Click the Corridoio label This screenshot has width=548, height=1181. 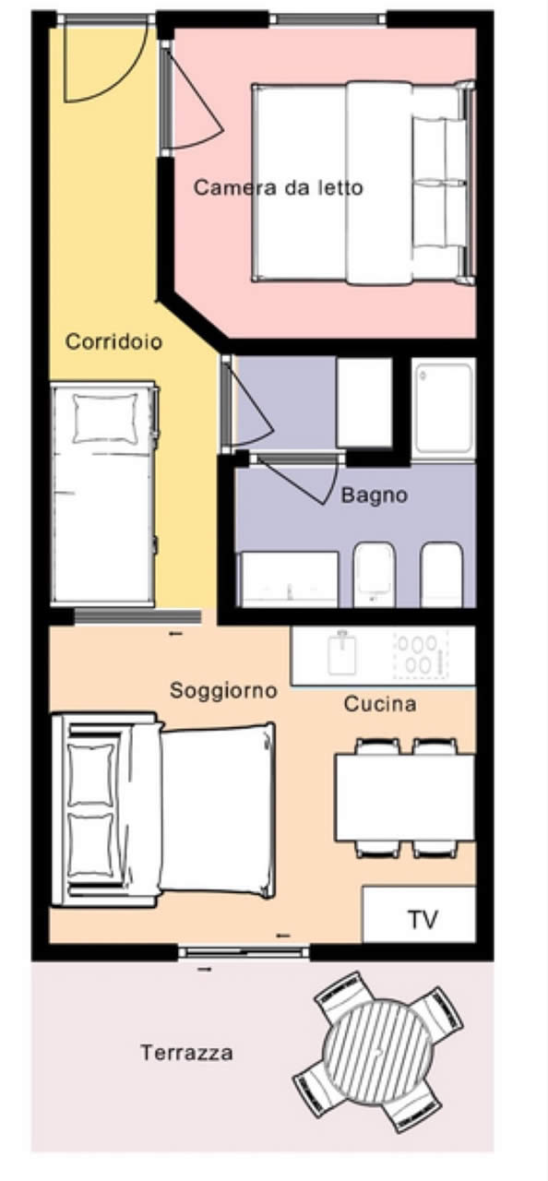coord(113,341)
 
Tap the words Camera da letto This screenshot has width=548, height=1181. coord(279,187)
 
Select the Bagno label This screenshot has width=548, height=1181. coord(375,495)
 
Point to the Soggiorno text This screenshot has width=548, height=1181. coord(223,690)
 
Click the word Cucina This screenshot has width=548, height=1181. coord(380,704)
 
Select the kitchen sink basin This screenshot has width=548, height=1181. coord(342,654)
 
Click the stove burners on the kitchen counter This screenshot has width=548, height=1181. coord(421,654)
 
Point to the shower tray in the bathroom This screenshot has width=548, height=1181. coord(444,405)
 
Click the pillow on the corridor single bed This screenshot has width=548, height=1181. coord(105,418)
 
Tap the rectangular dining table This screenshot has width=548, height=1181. coord(405,797)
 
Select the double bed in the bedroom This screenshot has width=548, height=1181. coord(363,183)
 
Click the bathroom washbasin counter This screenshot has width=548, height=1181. coord(289,579)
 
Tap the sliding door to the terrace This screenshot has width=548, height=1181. coord(243,952)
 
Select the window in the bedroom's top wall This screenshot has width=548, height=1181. coord(328,20)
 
